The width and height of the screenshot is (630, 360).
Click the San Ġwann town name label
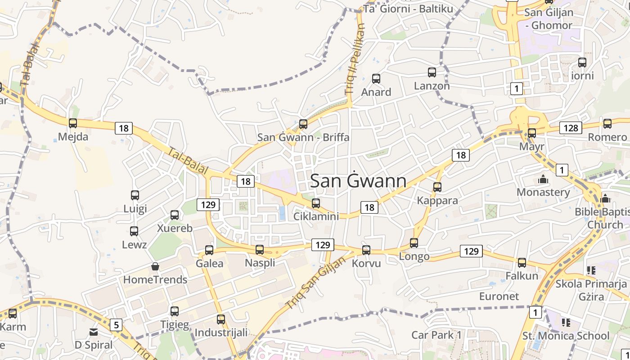(x=358, y=181)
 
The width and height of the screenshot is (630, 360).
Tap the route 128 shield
(x=571, y=128)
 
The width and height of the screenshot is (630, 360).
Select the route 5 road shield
(x=116, y=325)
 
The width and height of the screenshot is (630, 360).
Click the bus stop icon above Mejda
(x=73, y=123)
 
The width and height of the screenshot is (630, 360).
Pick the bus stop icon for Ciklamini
(x=316, y=203)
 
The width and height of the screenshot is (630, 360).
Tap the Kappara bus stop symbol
(x=437, y=187)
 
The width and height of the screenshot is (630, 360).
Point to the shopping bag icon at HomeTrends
(x=155, y=266)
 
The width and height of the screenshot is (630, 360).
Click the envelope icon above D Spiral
(x=94, y=332)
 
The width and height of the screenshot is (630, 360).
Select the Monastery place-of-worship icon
(x=543, y=179)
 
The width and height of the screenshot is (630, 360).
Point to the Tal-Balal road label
(x=188, y=161)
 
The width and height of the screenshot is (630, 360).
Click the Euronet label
(x=499, y=296)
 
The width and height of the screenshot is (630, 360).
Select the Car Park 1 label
(x=436, y=335)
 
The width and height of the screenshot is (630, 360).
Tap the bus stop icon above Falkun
(x=522, y=262)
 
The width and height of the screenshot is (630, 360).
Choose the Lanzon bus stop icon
(x=432, y=72)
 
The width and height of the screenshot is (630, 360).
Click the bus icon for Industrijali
(x=221, y=319)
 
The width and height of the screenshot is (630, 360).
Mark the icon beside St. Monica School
(x=566, y=322)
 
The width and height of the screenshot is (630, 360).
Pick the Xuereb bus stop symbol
(x=175, y=215)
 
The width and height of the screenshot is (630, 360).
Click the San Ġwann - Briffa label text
(x=303, y=137)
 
